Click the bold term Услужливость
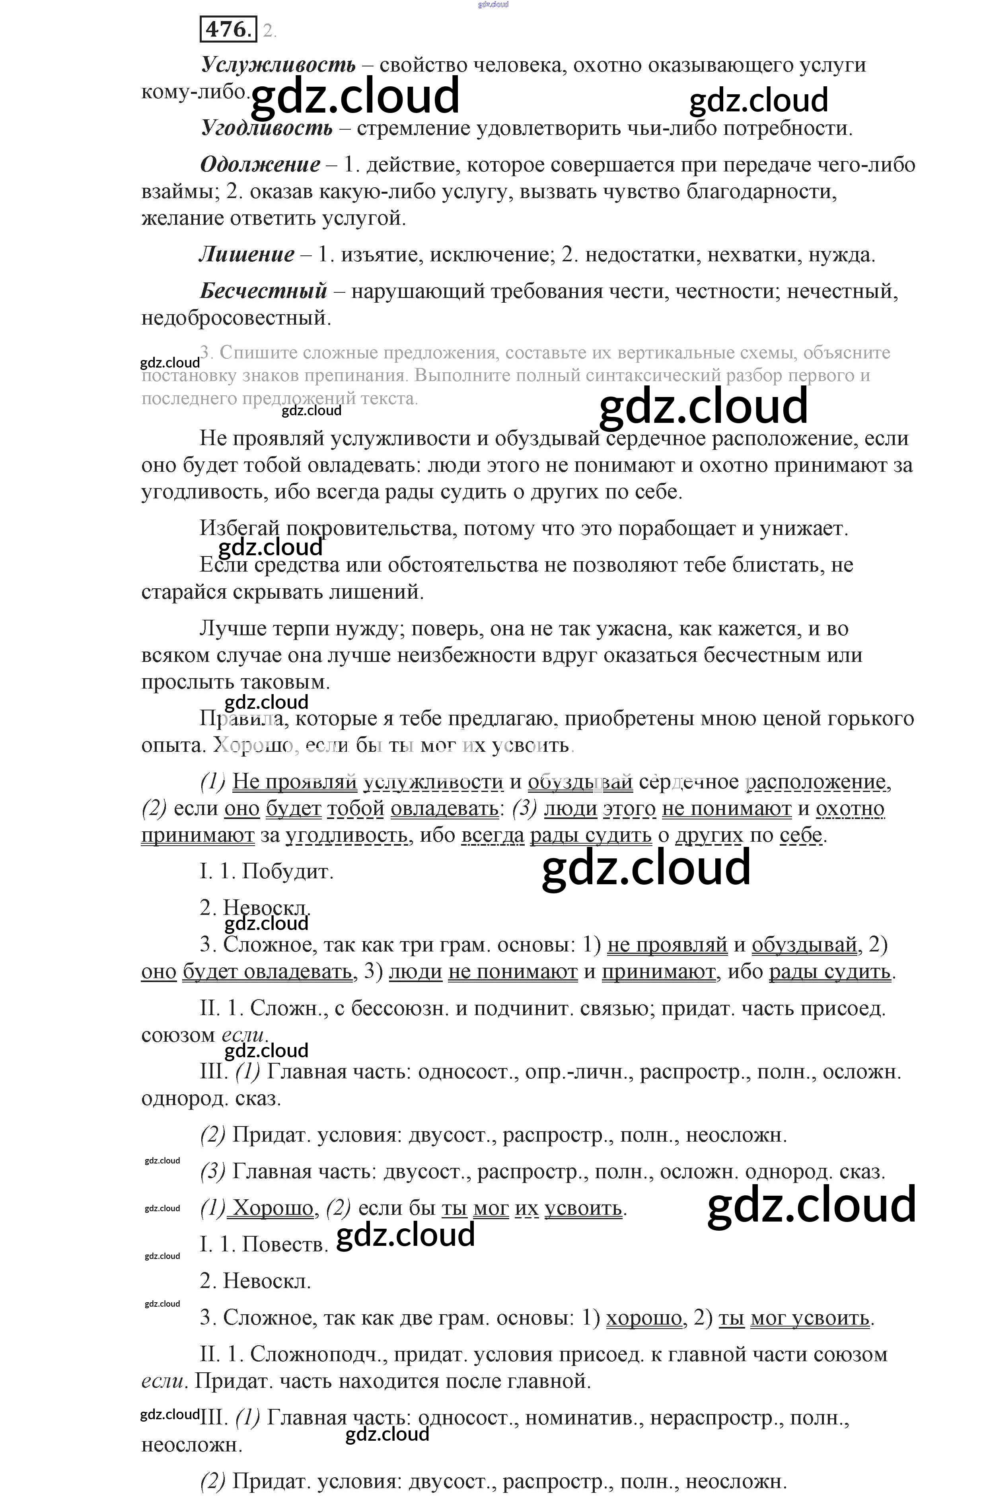tap(278, 65)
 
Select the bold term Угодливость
tap(267, 128)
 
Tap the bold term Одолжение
tap(260, 165)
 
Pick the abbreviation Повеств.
tap(285, 1245)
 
